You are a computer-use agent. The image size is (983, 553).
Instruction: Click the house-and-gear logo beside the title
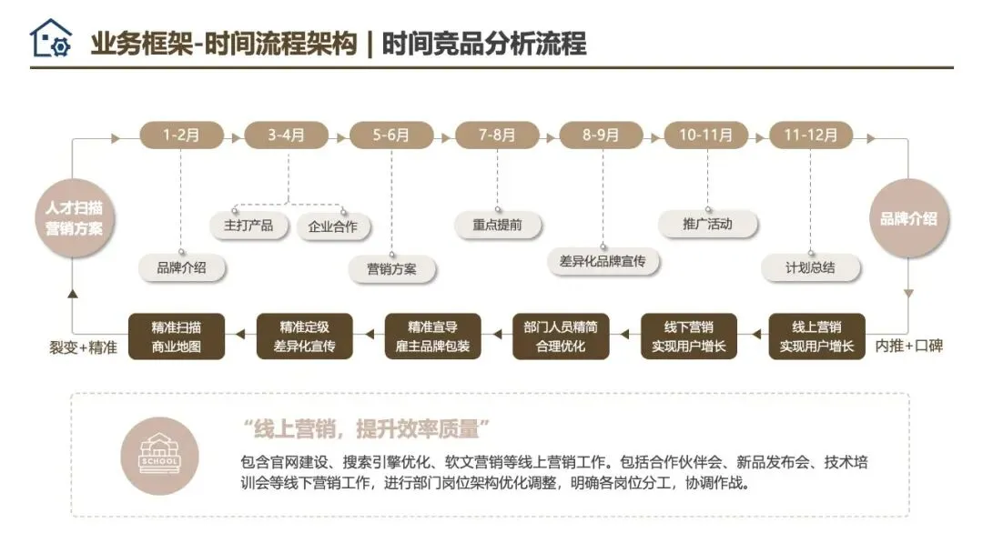click(50, 39)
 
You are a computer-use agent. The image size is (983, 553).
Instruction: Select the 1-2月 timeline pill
click(181, 136)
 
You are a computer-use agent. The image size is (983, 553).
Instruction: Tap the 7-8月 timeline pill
click(497, 136)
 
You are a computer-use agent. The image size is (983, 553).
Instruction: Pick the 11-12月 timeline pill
click(810, 136)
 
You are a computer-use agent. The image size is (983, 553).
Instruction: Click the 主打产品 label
click(242, 225)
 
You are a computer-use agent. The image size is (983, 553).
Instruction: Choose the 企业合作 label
click(333, 226)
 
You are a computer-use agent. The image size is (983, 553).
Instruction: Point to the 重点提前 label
click(498, 225)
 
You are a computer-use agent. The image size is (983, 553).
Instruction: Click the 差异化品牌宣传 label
click(603, 261)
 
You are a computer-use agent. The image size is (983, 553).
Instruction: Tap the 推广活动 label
click(707, 224)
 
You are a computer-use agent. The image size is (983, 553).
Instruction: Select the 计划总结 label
click(810, 268)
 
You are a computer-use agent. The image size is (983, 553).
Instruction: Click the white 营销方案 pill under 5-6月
click(391, 269)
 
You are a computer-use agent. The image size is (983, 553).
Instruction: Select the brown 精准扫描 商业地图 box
click(177, 336)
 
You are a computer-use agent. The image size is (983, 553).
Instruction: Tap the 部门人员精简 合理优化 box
click(561, 336)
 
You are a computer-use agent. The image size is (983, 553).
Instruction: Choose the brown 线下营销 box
click(688, 336)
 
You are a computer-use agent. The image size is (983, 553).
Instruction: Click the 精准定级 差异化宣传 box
click(304, 336)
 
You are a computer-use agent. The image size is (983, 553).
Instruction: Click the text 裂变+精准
click(83, 347)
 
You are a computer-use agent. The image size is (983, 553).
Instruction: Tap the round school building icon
click(159, 455)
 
